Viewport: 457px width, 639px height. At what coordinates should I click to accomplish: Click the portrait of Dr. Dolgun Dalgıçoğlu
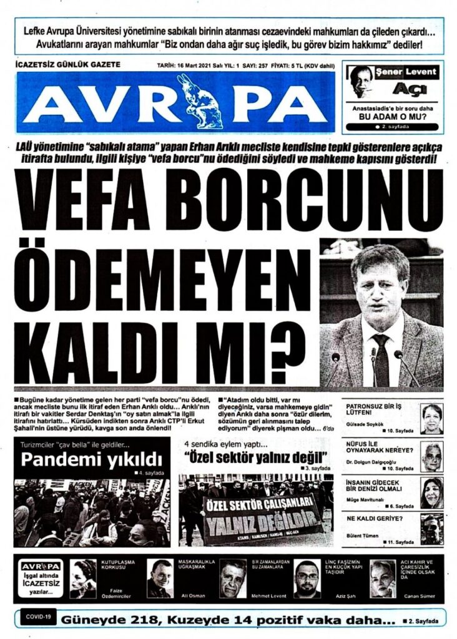pyautogui.click(x=431, y=456)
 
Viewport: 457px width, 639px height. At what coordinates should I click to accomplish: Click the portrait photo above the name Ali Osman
pyautogui.click(x=160, y=577)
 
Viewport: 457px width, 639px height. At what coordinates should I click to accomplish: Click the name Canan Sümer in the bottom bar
pyautogui.click(x=425, y=597)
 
